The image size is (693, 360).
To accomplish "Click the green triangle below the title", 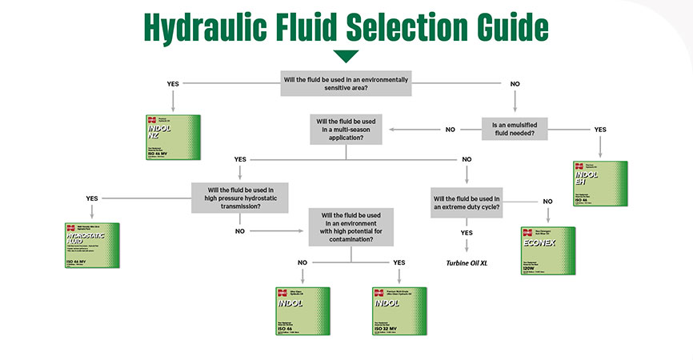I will [346, 56].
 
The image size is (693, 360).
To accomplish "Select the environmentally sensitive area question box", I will [346, 83].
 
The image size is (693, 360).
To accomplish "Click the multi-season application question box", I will [346, 130].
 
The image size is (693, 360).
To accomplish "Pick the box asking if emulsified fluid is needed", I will [519, 129].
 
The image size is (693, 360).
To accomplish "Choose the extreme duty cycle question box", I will [467, 202].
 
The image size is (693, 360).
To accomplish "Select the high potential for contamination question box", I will [351, 226].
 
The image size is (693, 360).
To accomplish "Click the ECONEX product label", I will [548, 250].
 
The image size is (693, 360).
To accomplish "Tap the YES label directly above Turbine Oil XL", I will [467, 233].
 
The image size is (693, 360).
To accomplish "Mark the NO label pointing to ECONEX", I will [548, 201].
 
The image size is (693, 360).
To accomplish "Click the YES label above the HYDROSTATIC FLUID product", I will [92, 198].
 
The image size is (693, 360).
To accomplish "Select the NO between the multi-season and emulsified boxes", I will [451, 130].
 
